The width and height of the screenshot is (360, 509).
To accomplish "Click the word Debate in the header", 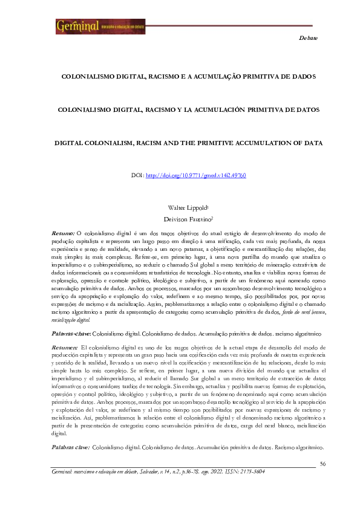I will coord(309,37).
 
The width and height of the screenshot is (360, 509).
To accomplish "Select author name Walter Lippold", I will coord(179,207).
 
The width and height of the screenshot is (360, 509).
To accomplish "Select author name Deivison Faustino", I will coord(179,220).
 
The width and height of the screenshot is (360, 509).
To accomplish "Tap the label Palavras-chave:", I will coord(71,333).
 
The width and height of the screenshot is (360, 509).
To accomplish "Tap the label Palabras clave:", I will coord(70,447).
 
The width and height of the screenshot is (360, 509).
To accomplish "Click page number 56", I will coord(322,464).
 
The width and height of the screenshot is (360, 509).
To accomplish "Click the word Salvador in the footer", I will coord(152,470).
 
